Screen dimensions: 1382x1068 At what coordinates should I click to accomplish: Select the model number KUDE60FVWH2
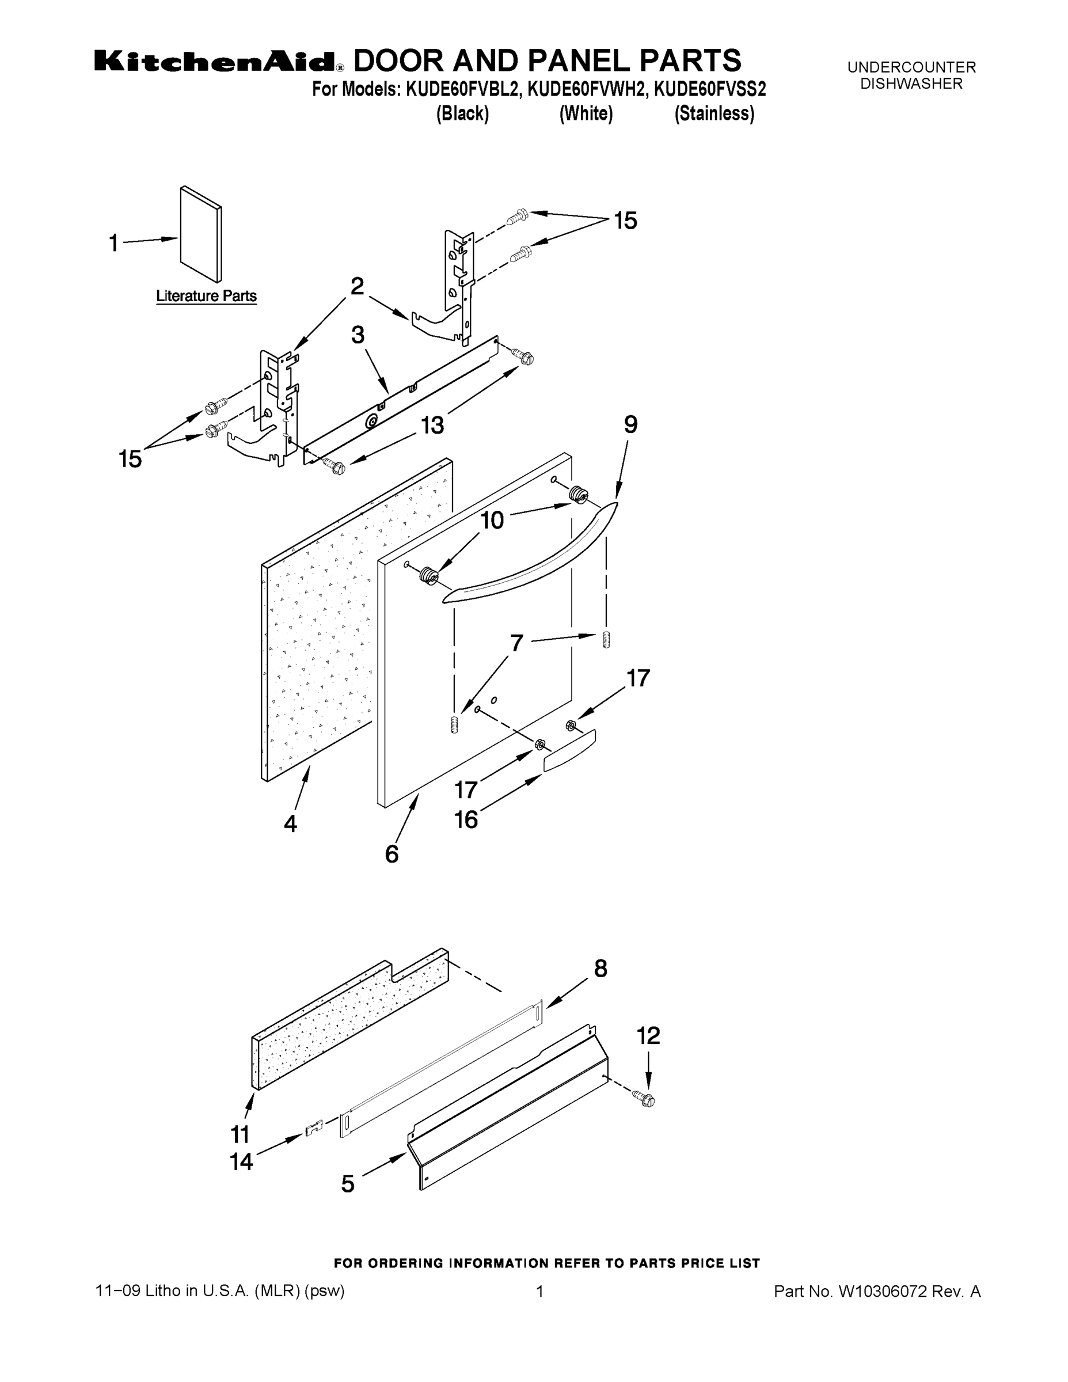coord(588,90)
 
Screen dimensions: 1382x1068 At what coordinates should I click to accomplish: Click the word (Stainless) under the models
coord(714,113)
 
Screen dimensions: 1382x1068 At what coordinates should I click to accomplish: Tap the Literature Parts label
coord(206,296)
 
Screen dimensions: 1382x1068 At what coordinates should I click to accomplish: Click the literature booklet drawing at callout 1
coord(200,234)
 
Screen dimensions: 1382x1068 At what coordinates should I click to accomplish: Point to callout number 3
coord(358,335)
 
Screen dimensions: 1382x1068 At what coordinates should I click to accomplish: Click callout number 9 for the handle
coord(630,424)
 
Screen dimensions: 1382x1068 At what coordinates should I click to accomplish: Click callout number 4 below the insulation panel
coord(290,823)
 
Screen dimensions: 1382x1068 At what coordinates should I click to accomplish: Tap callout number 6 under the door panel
coord(392,855)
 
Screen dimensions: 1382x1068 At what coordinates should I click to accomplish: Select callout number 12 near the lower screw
coord(648,1035)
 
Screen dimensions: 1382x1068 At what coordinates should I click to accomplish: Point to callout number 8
coord(600,968)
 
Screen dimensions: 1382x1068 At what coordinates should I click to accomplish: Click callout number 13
coord(433,425)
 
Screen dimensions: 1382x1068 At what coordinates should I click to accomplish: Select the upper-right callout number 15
coord(625,221)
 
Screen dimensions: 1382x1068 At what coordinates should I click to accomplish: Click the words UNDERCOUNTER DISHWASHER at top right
coord(911,75)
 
